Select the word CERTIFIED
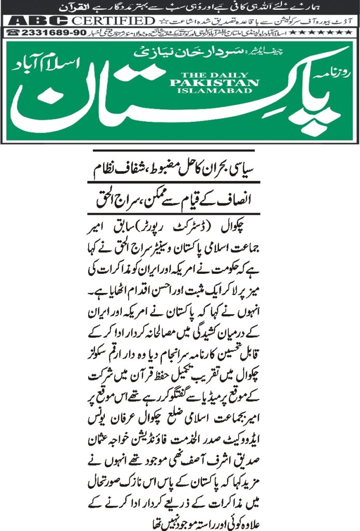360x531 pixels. point(114,21)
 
